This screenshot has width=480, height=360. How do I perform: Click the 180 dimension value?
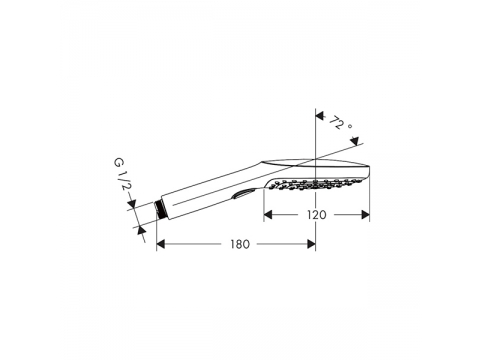click(x=240, y=244)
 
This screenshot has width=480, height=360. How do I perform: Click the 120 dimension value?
click(x=316, y=215)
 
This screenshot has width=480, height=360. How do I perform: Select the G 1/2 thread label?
click(x=121, y=174)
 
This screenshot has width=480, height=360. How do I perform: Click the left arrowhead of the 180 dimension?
click(x=161, y=244)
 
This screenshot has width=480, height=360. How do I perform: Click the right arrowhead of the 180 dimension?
click(x=311, y=244)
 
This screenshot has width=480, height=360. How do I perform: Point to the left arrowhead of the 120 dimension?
click(x=268, y=215)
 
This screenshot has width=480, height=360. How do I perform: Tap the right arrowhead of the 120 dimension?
click(x=365, y=215)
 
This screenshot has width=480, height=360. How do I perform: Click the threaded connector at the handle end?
click(x=160, y=209)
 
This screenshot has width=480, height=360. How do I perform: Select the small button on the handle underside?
click(x=244, y=194)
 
